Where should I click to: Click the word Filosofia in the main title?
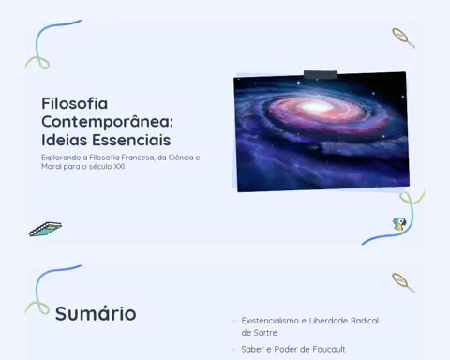75,103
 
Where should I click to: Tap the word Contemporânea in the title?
106,121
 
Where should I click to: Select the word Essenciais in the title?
131,140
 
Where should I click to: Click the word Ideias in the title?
65,140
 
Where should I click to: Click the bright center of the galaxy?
317,107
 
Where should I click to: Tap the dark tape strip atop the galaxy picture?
321,75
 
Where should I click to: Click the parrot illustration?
399,224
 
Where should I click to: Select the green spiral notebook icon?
45,229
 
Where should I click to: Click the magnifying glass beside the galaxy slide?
404,38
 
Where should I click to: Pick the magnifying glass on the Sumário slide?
404,283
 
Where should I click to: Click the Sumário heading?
96,313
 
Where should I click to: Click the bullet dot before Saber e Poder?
234,350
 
